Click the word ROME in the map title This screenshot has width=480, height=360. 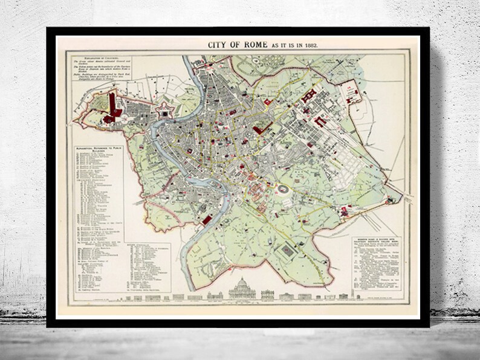click(x=250, y=45)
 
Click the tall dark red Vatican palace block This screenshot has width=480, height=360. click(x=112, y=104)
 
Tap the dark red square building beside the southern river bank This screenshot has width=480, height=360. click(x=207, y=219)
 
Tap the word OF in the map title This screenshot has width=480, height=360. click(x=233, y=45)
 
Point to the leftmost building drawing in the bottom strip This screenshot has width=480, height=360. click(x=179, y=297)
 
